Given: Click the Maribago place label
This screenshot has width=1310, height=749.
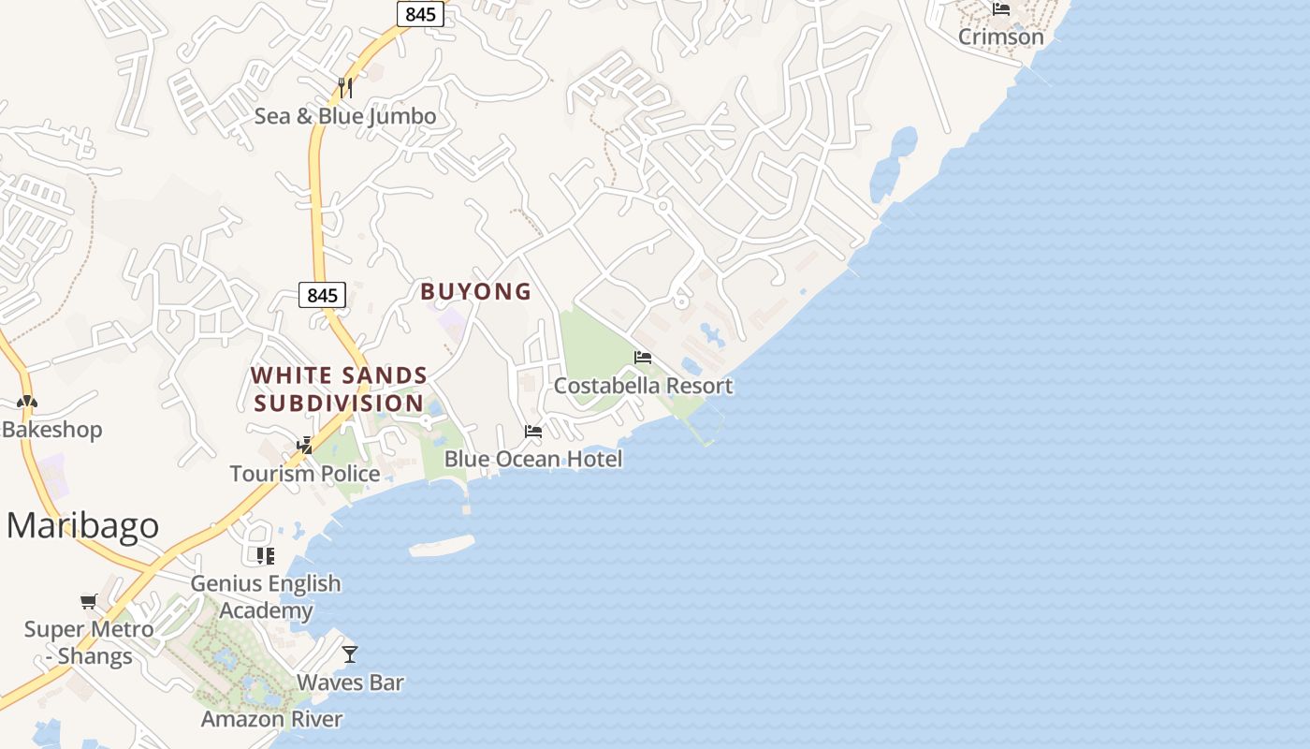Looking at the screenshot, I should [x=82, y=526].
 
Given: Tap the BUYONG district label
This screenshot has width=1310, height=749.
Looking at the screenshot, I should [x=475, y=292].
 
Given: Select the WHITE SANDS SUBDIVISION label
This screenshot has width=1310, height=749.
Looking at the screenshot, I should [x=339, y=389].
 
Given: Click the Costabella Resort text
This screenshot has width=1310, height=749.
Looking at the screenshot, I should [x=643, y=386].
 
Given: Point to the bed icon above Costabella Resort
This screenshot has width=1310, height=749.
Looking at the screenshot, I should [x=642, y=358].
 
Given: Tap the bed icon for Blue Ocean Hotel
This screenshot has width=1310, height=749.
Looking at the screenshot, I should [x=533, y=432].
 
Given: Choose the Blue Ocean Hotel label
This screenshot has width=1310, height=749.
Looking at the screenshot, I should [x=532, y=459].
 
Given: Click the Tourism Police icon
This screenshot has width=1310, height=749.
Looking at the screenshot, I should [x=304, y=446].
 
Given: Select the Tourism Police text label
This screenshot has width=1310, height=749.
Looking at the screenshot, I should [x=305, y=474].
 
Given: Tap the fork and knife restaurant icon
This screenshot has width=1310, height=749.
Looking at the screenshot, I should [x=345, y=88].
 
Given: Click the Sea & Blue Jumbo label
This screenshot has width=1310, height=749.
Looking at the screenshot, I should [x=345, y=116].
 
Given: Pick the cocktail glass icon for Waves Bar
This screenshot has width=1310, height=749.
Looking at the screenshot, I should [x=350, y=654].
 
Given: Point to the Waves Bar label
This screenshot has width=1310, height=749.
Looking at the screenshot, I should [x=350, y=683].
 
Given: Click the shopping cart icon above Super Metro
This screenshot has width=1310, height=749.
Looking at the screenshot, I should [x=88, y=601].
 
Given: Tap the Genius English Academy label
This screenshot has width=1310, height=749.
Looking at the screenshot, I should [x=266, y=597].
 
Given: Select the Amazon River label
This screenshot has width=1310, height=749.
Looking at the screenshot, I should [x=271, y=719].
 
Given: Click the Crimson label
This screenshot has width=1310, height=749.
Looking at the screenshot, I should [x=1000, y=37].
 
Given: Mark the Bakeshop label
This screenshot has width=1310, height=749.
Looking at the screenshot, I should [x=51, y=430].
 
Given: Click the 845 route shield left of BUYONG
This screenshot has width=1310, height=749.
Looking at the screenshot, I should [x=322, y=295].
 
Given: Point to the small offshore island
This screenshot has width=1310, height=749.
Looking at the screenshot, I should [x=442, y=546].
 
